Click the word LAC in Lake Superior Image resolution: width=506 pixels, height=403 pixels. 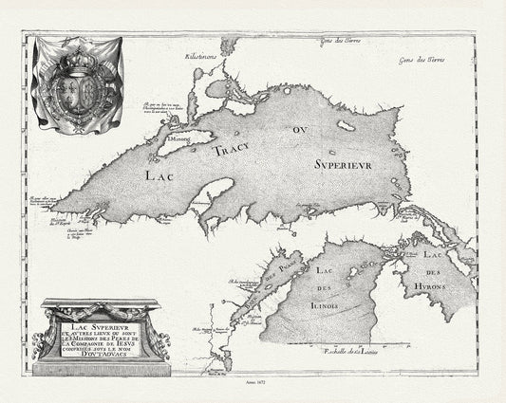[x=159, y=174]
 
